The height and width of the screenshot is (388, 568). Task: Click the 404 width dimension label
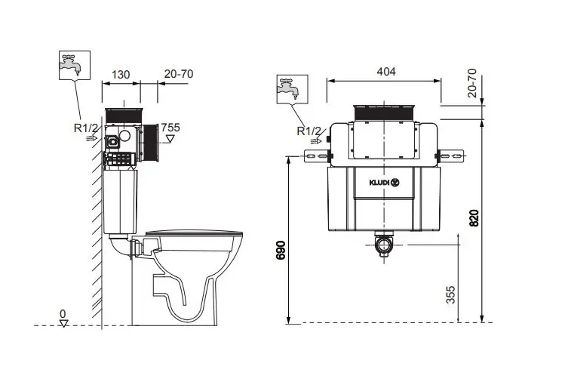pos(385,72)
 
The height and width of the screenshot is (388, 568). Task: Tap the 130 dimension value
pos(121,75)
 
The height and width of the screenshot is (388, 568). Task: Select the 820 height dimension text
pos(474,218)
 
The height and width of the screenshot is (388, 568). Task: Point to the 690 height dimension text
pos(281,250)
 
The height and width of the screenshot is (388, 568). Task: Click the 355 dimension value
pos(450,295)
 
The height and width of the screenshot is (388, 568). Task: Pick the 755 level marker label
pos(170,128)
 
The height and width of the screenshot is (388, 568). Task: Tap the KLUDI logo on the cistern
pos(385,183)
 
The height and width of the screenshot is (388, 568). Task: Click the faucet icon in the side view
pos(75,65)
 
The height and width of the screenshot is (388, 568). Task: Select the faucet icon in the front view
pos(293,89)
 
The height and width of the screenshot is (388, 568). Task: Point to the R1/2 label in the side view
pos(86,128)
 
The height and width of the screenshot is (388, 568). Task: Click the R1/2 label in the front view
pos(309,131)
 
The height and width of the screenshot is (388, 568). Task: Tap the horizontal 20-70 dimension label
pos(179,74)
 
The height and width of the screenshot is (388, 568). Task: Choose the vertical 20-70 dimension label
pos(472,83)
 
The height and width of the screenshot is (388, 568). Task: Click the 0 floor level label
pos(63,314)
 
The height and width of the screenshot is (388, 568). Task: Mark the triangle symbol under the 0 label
pos(64,323)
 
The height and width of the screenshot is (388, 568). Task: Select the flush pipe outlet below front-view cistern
pos(384,245)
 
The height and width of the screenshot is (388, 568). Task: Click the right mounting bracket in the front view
pos(451,156)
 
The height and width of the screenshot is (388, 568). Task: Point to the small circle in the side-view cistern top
pos(124,136)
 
